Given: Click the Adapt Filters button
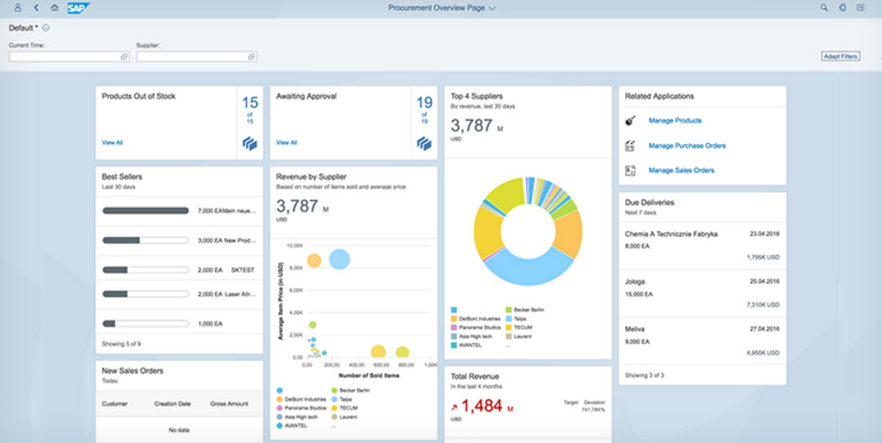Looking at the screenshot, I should pos(840,56).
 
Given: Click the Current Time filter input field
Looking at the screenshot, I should pos(68,57).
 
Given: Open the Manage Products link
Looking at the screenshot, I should pos(675,121).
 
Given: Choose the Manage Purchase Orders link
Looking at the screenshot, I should pos(687,146).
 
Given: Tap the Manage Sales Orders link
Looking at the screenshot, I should pos(681,170).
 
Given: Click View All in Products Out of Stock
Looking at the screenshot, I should pos(113,142).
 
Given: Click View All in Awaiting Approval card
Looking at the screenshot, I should pos(286,142).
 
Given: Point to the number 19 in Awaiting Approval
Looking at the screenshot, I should pos(424,103).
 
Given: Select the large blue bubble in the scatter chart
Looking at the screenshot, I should pos(339,259).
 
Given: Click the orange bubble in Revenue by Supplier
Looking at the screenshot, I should pos(314,261).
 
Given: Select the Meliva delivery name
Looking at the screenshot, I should pos(636,330).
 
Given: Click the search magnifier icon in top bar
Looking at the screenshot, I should pos(824,7).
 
